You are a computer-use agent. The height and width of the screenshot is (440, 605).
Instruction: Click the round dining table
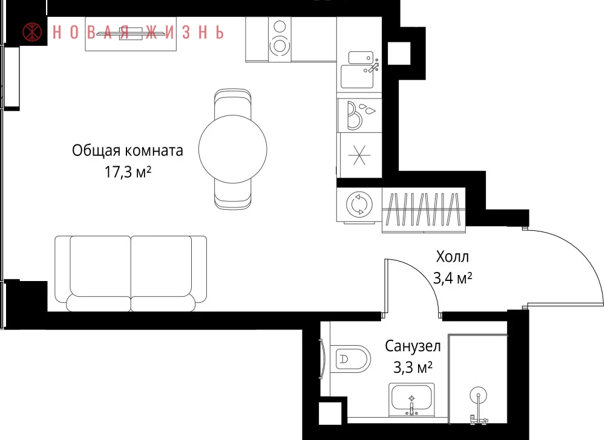(x=233, y=149)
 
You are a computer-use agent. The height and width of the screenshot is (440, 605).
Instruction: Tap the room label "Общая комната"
(x=127, y=150)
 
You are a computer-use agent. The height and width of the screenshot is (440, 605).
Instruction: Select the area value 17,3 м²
(x=128, y=172)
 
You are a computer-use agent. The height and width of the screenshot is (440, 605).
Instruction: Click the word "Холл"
(x=452, y=257)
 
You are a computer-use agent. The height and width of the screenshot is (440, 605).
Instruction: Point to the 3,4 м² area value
(x=453, y=277)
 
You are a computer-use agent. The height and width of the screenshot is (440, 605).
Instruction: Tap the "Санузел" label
(x=413, y=346)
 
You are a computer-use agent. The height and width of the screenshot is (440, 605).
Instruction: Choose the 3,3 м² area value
(x=413, y=367)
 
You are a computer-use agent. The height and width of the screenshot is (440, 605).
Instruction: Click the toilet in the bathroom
(x=350, y=358)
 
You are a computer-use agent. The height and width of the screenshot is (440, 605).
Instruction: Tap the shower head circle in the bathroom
(x=479, y=395)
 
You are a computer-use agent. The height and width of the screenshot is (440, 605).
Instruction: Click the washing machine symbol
(x=359, y=204)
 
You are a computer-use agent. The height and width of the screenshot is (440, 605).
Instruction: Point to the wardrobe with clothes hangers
(x=423, y=210)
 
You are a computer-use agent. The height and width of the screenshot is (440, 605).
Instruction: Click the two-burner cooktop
(x=280, y=39)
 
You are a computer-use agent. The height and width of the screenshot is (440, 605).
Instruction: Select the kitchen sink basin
(x=358, y=76)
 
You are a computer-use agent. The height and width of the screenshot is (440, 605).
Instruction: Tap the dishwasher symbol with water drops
(x=359, y=115)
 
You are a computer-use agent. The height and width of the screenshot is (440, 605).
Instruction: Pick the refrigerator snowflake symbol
(x=359, y=155)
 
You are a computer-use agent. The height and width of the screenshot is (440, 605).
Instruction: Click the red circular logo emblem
(x=33, y=32)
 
